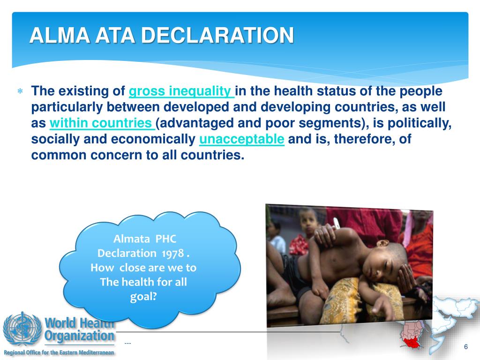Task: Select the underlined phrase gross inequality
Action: click(x=181, y=91)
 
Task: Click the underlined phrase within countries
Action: click(x=102, y=123)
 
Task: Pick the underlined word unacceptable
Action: click(x=242, y=139)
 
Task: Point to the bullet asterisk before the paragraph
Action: click(x=20, y=91)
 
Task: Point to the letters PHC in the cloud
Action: click(x=166, y=239)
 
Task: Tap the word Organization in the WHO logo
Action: click(x=80, y=336)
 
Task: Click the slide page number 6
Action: click(x=466, y=346)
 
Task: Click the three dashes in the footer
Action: click(x=128, y=344)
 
